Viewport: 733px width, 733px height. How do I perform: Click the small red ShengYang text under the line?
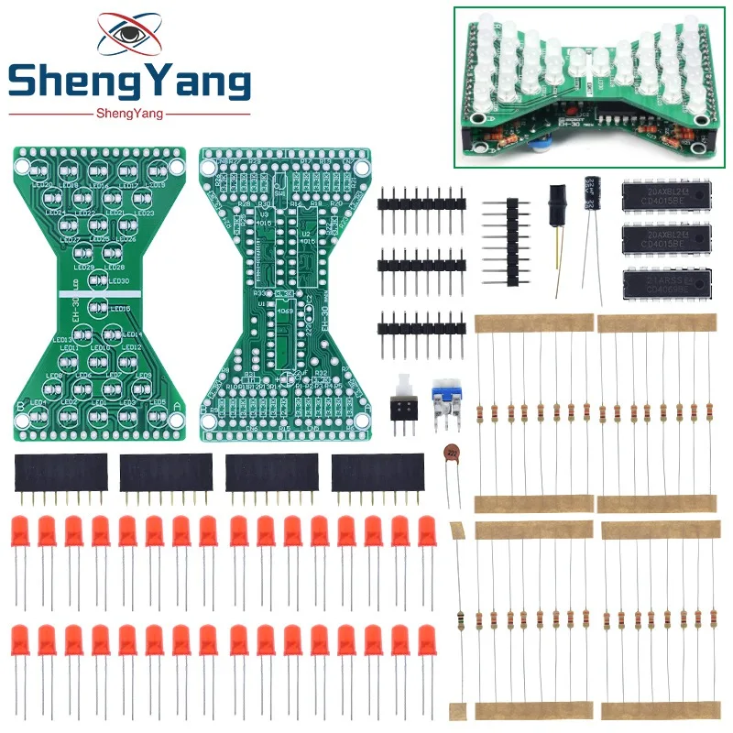point(129,114)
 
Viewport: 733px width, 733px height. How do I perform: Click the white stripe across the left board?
point(96,294)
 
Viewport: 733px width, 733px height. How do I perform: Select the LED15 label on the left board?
point(118,309)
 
